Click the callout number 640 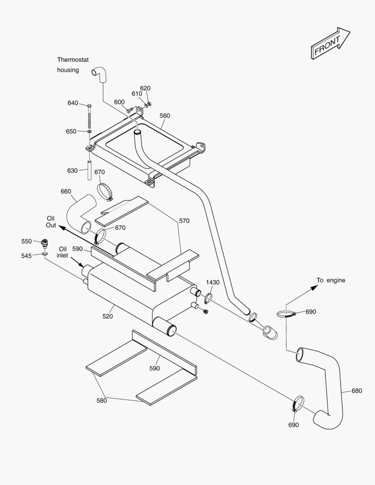click(x=73, y=103)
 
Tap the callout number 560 click(x=165, y=115)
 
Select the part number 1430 click(x=213, y=282)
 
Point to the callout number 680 click(x=357, y=391)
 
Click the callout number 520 click(x=107, y=316)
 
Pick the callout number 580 click(x=102, y=401)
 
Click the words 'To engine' click(x=331, y=280)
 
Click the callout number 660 click(x=66, y=191)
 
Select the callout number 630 click(x=72, y=170)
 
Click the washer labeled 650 click(x=89, y=132)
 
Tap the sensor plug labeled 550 click(x=44, y=243)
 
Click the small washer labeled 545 click(x=44, y=254)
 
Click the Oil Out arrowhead click(x=60, y=227)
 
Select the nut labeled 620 click(x=150, y=104)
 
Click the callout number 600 click(x=119, y=102)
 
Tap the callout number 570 click(x=184, y=220)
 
